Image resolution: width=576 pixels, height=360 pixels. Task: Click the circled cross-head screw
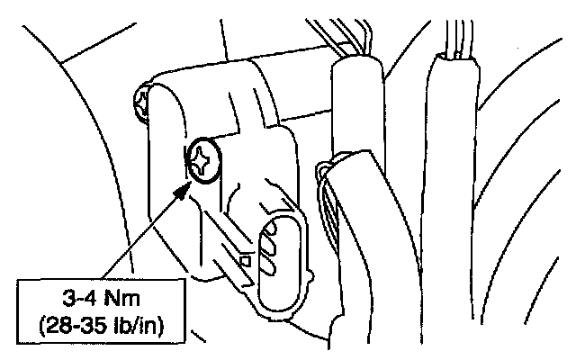point(203,161)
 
